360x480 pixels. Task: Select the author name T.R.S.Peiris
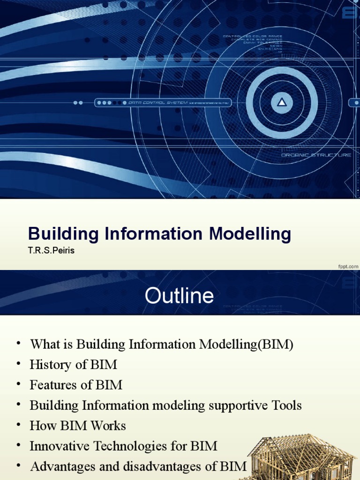(x=51, y=251)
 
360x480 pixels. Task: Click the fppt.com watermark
(x=348, y=266)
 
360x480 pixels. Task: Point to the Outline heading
(x=179, y=296)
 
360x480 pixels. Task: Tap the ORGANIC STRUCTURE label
(x=316, y=155)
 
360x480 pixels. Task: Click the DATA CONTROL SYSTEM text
(x=157, y=103)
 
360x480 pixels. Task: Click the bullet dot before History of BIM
(x=18, y=364)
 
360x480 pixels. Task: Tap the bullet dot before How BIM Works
(x=18, y=425)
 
